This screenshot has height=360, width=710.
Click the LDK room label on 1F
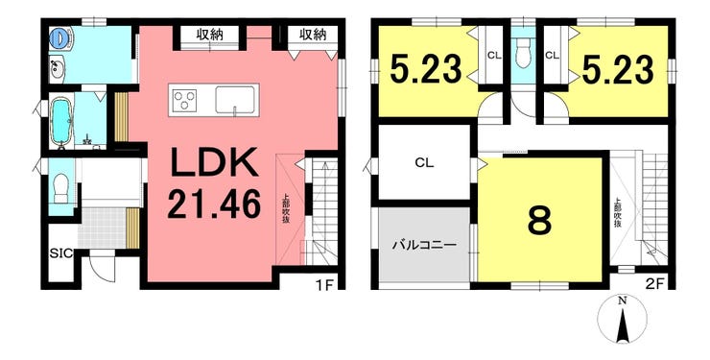214,163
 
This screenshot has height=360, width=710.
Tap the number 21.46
214,204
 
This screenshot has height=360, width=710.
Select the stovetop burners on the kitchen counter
185,100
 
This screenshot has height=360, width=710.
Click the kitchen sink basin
234,100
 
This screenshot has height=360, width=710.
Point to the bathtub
59,122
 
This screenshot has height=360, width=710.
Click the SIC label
61,253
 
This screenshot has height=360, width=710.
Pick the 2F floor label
654,285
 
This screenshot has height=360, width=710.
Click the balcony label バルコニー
424,246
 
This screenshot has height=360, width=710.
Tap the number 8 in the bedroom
540,222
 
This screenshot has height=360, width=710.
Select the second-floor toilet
523,54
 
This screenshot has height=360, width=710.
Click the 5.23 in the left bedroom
426,70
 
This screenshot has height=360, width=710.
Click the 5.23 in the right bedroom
618,70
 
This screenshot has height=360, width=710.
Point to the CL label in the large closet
424,163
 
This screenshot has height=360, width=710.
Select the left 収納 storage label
210,35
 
